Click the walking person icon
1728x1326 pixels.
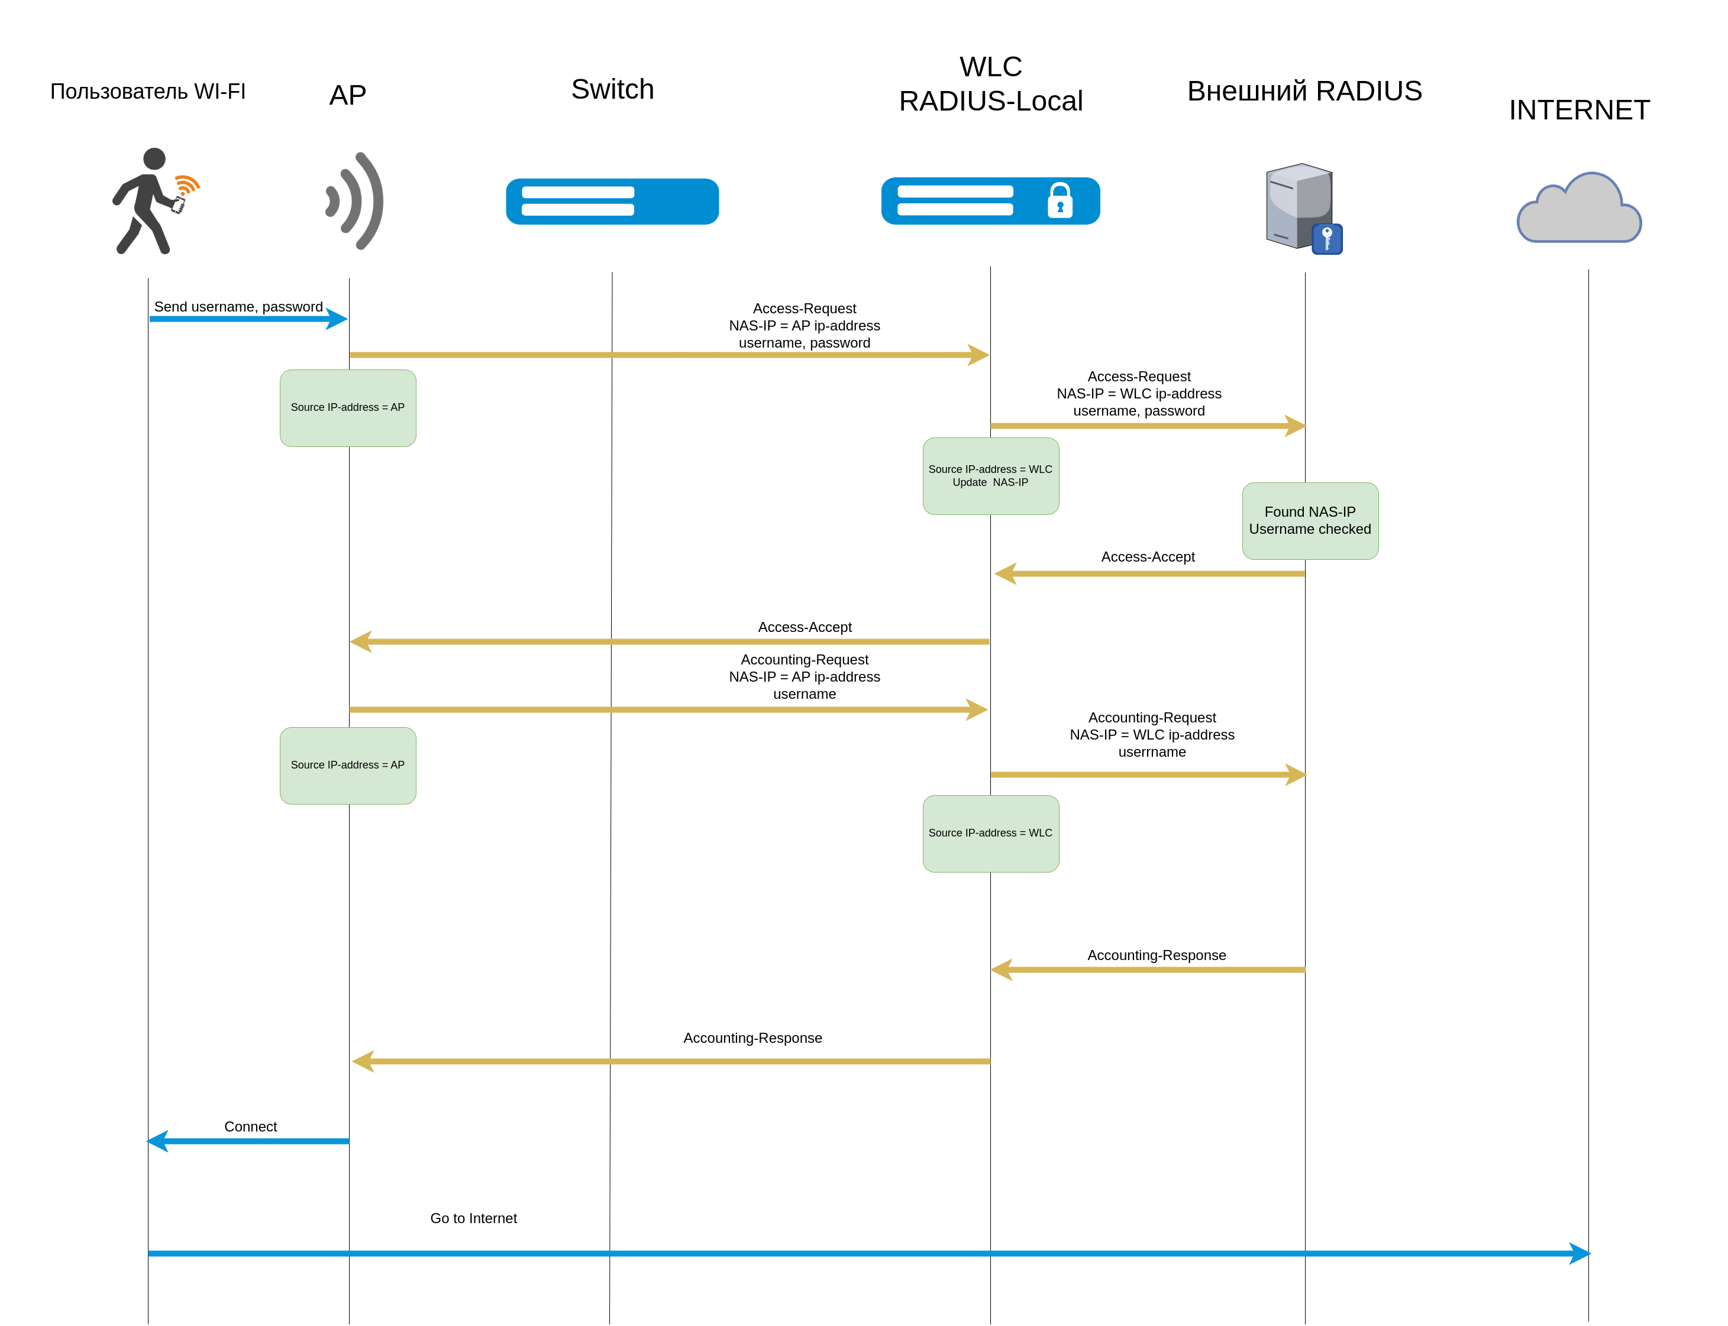point(146,201)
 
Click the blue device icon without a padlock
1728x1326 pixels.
point(612,201)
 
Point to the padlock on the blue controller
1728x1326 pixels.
point(1060,200)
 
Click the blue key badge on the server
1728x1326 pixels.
point(1327,238)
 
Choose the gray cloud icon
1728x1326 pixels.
point(1579,209)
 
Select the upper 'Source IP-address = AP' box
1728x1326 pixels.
point(347,407)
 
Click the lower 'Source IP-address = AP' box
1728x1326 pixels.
point(347,765)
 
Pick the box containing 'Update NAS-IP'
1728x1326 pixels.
point(990,476)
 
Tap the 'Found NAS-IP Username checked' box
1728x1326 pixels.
point(1310,521)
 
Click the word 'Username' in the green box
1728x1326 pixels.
point(1280,530)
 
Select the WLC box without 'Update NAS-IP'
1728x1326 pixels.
point(990,834)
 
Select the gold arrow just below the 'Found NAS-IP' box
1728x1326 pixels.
point(1149,574)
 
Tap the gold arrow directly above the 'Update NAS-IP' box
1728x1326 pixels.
point(1149,426)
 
